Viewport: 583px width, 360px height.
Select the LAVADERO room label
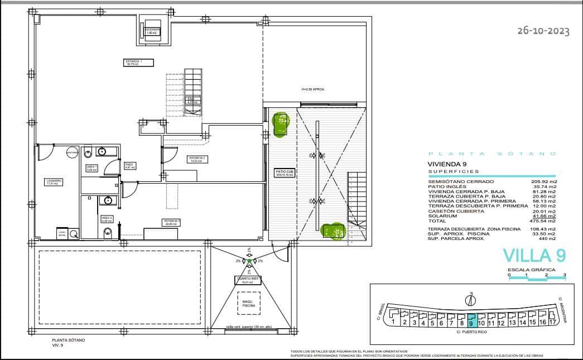54,182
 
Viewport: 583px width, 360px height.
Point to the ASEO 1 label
91,167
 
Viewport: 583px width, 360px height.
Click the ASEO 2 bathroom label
107,219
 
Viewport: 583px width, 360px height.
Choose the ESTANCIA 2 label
197,159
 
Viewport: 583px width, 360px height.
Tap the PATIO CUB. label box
284,172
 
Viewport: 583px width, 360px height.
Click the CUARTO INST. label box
247,281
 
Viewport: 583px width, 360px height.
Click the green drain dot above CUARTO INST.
249,261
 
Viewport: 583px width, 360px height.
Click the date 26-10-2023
543,31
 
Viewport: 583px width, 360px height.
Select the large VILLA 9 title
534,255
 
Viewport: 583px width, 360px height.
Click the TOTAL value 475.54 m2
545,221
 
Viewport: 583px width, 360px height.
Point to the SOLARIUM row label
442,216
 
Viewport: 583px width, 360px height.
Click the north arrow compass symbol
471,300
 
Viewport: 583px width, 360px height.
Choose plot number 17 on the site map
552,321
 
